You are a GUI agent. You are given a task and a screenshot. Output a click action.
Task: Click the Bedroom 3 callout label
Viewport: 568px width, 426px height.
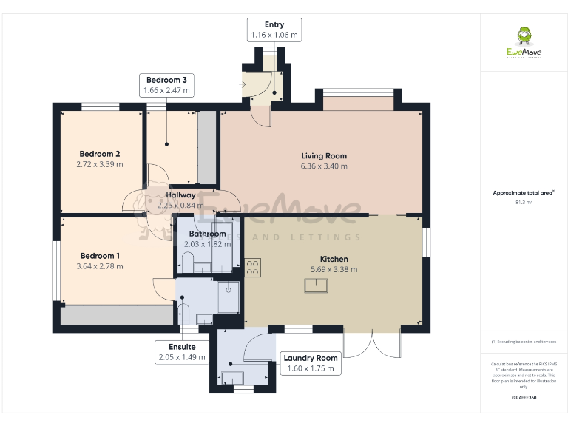166,80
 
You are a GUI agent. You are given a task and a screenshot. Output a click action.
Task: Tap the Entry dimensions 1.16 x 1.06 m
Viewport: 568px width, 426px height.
274,35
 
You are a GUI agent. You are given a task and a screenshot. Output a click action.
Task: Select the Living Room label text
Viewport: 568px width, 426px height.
324,156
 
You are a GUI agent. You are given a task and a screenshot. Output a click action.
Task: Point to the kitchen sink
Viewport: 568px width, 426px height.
317,286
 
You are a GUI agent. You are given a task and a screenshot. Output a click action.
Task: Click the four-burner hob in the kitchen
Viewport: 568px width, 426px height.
253,267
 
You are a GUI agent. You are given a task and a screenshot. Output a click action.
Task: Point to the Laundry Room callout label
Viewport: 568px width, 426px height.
311,358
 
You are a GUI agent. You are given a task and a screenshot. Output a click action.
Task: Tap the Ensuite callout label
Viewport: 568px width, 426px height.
181,346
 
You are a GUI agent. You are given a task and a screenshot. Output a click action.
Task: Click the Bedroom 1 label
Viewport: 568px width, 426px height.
99,256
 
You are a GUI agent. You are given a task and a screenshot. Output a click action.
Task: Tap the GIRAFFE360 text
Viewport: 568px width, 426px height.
524,399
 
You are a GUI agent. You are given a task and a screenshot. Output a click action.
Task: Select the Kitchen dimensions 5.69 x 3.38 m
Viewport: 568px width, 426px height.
334,270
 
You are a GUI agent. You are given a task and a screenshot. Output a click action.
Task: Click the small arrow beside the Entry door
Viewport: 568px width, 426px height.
243,84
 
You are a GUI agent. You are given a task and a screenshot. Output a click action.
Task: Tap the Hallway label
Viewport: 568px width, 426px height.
180,195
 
